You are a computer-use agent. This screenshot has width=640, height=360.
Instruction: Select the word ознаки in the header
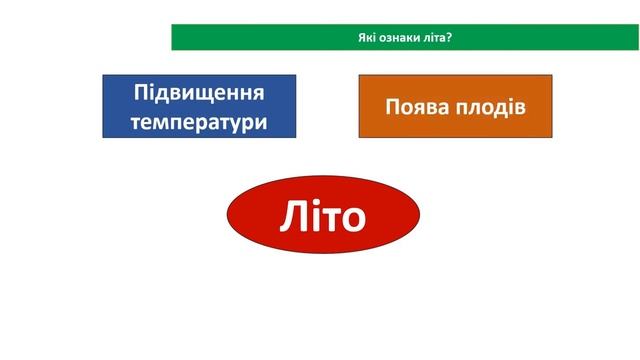coord(395,38)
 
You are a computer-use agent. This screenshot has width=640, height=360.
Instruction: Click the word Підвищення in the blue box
coord(199,93)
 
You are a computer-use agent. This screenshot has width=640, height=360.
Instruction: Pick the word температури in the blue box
coord(199,121)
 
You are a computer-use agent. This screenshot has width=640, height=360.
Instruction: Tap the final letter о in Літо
coord(351,219)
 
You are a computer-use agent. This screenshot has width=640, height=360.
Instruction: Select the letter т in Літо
coord(328,219)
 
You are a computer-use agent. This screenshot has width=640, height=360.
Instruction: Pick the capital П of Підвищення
coord(142,93)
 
